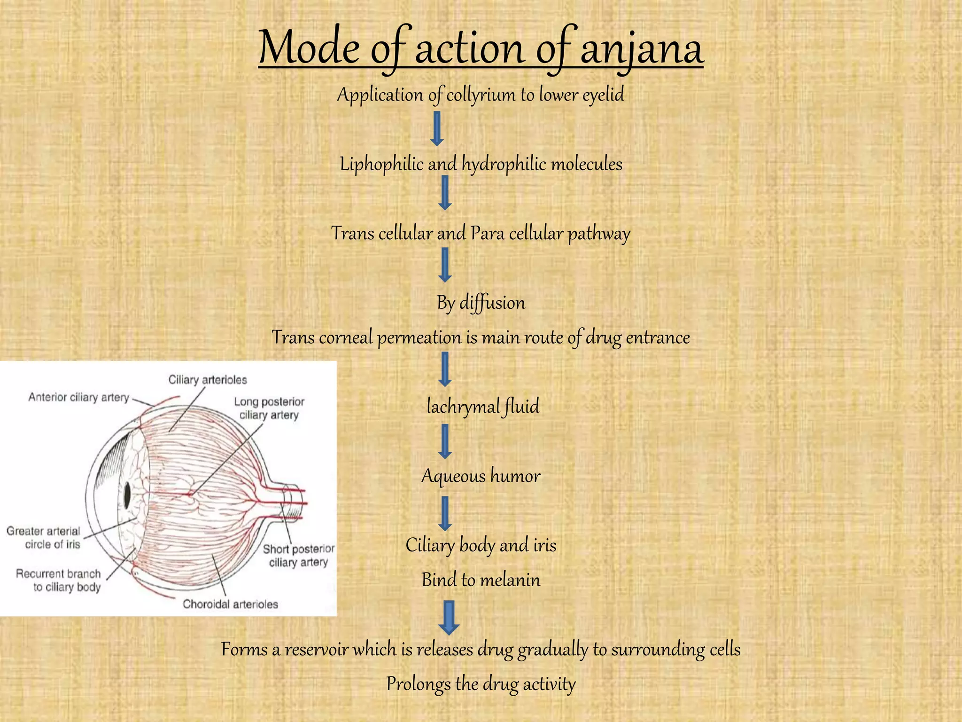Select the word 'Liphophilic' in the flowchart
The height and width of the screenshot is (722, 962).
pos(381,165)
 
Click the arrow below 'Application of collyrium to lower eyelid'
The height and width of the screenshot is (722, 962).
pos(437,128)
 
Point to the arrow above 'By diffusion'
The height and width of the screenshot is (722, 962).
pos(445,265)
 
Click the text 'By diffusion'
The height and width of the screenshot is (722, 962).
pos(481,303)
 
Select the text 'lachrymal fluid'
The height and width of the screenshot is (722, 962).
pos(482,407)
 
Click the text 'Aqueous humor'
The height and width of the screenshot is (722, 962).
pos(481,476)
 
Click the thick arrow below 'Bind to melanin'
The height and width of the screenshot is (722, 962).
pos(449,617)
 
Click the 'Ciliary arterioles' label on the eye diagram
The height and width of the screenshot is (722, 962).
pos(208,380)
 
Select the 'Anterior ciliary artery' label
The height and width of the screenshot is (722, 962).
pos(78,398)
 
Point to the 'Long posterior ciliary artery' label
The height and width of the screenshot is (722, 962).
pos(269,408)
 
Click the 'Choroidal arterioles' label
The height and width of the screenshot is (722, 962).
pos(230,604)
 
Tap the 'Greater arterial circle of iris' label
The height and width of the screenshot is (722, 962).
pos(44,538)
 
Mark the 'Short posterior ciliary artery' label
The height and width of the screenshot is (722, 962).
pos(298,556)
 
